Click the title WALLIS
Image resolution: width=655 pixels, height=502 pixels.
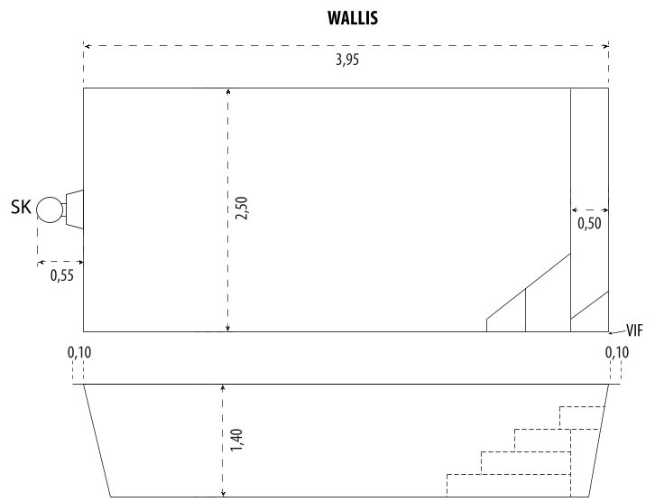pos(353,18)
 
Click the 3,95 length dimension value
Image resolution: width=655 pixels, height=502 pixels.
pos(347,60)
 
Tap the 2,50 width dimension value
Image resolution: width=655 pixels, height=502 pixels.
pos(242,209)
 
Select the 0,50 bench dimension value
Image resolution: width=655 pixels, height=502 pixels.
pos(589,223)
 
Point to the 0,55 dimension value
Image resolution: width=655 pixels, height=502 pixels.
pos(62,275)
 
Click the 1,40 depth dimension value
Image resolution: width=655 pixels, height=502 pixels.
pos(236,440)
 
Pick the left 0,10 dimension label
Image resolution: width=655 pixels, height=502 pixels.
pos(79,352)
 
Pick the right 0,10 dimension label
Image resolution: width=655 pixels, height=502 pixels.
pos(616,352)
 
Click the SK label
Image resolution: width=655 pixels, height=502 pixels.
pos(21,208)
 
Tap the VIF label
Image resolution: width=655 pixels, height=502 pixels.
pos(634,330)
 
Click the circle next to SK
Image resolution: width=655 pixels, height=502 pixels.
pos(50,209)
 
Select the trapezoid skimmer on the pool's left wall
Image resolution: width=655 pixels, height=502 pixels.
pos(74,209)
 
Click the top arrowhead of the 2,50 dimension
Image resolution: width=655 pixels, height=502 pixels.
pos(227,91)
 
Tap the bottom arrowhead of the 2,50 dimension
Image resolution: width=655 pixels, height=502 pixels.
pos(227,329)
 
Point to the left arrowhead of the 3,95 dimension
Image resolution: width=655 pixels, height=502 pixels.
pos(87,46)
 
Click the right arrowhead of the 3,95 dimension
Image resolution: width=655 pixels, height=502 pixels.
pos(605,46)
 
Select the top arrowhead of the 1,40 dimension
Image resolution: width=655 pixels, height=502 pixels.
pos(223,387)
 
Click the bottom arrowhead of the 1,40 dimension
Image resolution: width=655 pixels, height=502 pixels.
pos(223,494)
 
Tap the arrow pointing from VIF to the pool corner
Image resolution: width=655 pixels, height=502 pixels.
pos(617,332)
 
